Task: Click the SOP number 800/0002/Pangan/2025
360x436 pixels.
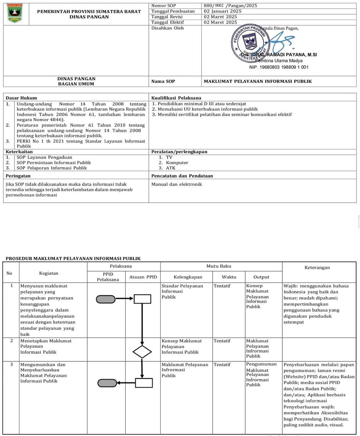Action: (230, 5)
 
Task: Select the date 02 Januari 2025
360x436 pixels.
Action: (222, 11)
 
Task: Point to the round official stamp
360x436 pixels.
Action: (249, 43)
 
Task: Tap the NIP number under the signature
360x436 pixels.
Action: (279, 67)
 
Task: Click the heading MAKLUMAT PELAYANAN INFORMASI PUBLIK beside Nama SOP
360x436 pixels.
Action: (257, 81)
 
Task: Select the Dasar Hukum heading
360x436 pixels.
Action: (21, 98)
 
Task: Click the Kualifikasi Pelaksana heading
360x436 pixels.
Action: (176, 98)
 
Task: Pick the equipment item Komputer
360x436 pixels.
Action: (177, 163)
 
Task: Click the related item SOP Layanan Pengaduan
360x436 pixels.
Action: (44, 157)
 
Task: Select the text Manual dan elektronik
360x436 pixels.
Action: (176, 184)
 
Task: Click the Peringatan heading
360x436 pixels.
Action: (18, 176)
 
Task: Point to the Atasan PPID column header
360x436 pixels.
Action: (143, 277)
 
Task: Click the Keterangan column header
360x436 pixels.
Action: (317, 267)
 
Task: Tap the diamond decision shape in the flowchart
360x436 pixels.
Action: (142, 352)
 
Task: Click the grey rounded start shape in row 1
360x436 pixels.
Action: (106, 299)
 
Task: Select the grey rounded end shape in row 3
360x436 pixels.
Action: (107, 383)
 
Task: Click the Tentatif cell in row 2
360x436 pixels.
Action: (222, 341)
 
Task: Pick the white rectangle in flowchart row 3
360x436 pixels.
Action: (144, 383)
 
